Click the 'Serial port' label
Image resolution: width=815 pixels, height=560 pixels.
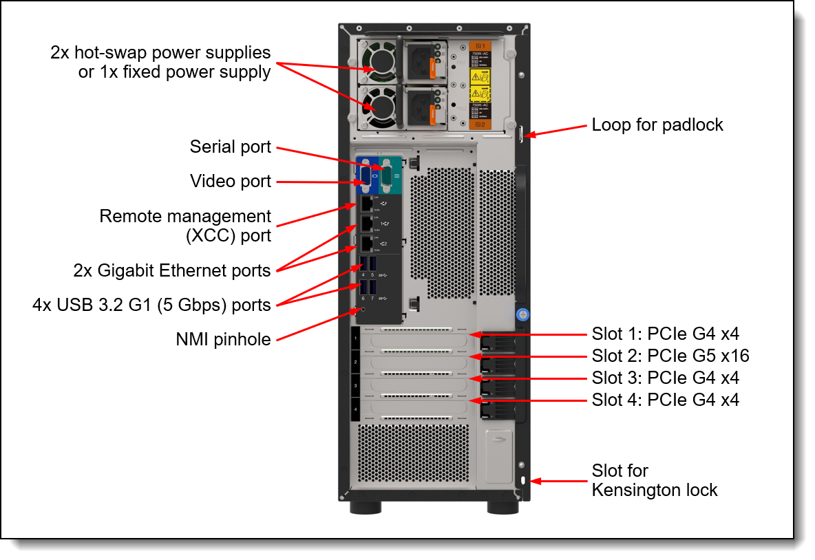(x=230, y=147)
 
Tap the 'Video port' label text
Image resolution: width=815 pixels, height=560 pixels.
(x=230, y=182)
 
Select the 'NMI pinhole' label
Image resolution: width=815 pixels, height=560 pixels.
(x=223, y=338)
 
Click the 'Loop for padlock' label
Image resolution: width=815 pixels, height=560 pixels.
(x=657, y=125)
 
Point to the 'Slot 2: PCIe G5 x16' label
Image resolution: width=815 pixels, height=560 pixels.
(x=670, y=356)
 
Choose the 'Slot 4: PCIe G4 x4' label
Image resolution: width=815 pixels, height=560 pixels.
(x=665, y=399)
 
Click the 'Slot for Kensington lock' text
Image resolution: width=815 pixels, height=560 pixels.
(x=654, y=480)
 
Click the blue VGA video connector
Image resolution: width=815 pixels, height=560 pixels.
(x=364, y=176)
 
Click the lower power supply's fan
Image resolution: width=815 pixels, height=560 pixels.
(x=377, y=105)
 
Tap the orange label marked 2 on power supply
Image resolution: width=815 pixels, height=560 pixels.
(x=479, y=125)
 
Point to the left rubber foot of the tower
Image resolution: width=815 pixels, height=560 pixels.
(x=366, y=508)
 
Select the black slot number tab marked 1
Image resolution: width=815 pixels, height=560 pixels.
(x=355, y=338)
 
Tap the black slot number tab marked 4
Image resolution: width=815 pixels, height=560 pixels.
(x=355, y=409)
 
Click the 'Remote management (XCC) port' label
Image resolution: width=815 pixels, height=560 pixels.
(x=185, y=226)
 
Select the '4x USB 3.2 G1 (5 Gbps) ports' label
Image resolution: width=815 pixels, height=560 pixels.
(x=151, y=304)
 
